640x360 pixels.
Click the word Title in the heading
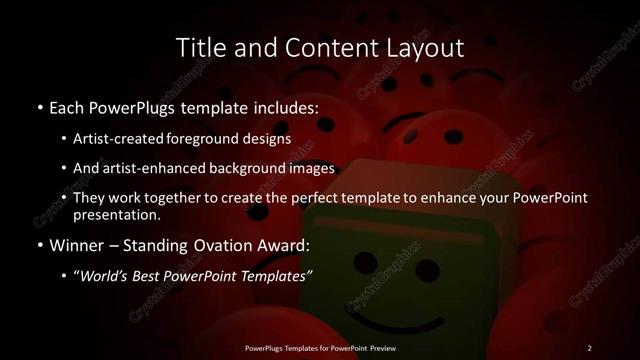(200, 47)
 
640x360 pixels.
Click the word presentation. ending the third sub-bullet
(118, 214)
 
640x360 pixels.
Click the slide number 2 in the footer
(589, 347)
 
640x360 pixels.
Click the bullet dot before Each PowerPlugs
(38, 107)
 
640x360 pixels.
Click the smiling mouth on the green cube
(385, 322)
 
